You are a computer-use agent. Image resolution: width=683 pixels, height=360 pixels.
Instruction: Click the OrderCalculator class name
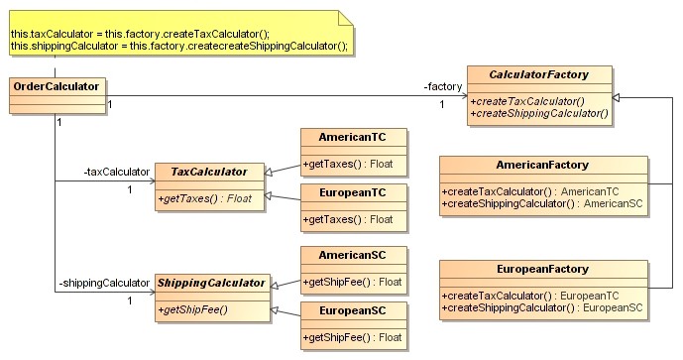[56, 86]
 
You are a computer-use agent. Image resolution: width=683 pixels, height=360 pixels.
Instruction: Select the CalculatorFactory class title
[539, 75]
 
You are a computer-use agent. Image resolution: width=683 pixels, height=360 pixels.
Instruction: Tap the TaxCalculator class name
[208, 172]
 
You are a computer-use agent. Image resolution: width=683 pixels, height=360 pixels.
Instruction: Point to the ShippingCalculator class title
[211, 284]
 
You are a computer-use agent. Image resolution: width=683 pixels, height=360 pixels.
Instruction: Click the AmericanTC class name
[352, 136]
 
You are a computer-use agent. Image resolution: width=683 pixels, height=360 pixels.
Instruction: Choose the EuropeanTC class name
[352, 191]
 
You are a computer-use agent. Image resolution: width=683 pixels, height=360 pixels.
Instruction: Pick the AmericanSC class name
[352, 254]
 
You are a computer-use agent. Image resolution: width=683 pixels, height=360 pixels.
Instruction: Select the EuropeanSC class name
[352, 311]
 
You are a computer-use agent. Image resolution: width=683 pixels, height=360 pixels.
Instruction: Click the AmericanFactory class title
[542, 165]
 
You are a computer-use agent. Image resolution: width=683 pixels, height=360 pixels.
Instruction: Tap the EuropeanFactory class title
[542, 269]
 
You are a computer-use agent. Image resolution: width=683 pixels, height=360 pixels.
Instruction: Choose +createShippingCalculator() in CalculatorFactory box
[539, 113]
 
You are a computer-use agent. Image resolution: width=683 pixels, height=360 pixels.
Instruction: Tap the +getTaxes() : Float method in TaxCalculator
[204, 199]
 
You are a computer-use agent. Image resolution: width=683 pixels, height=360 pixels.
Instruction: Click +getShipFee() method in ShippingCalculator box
[192, 310]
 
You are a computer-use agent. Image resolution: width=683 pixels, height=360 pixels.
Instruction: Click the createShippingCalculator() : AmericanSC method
[542, 203]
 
